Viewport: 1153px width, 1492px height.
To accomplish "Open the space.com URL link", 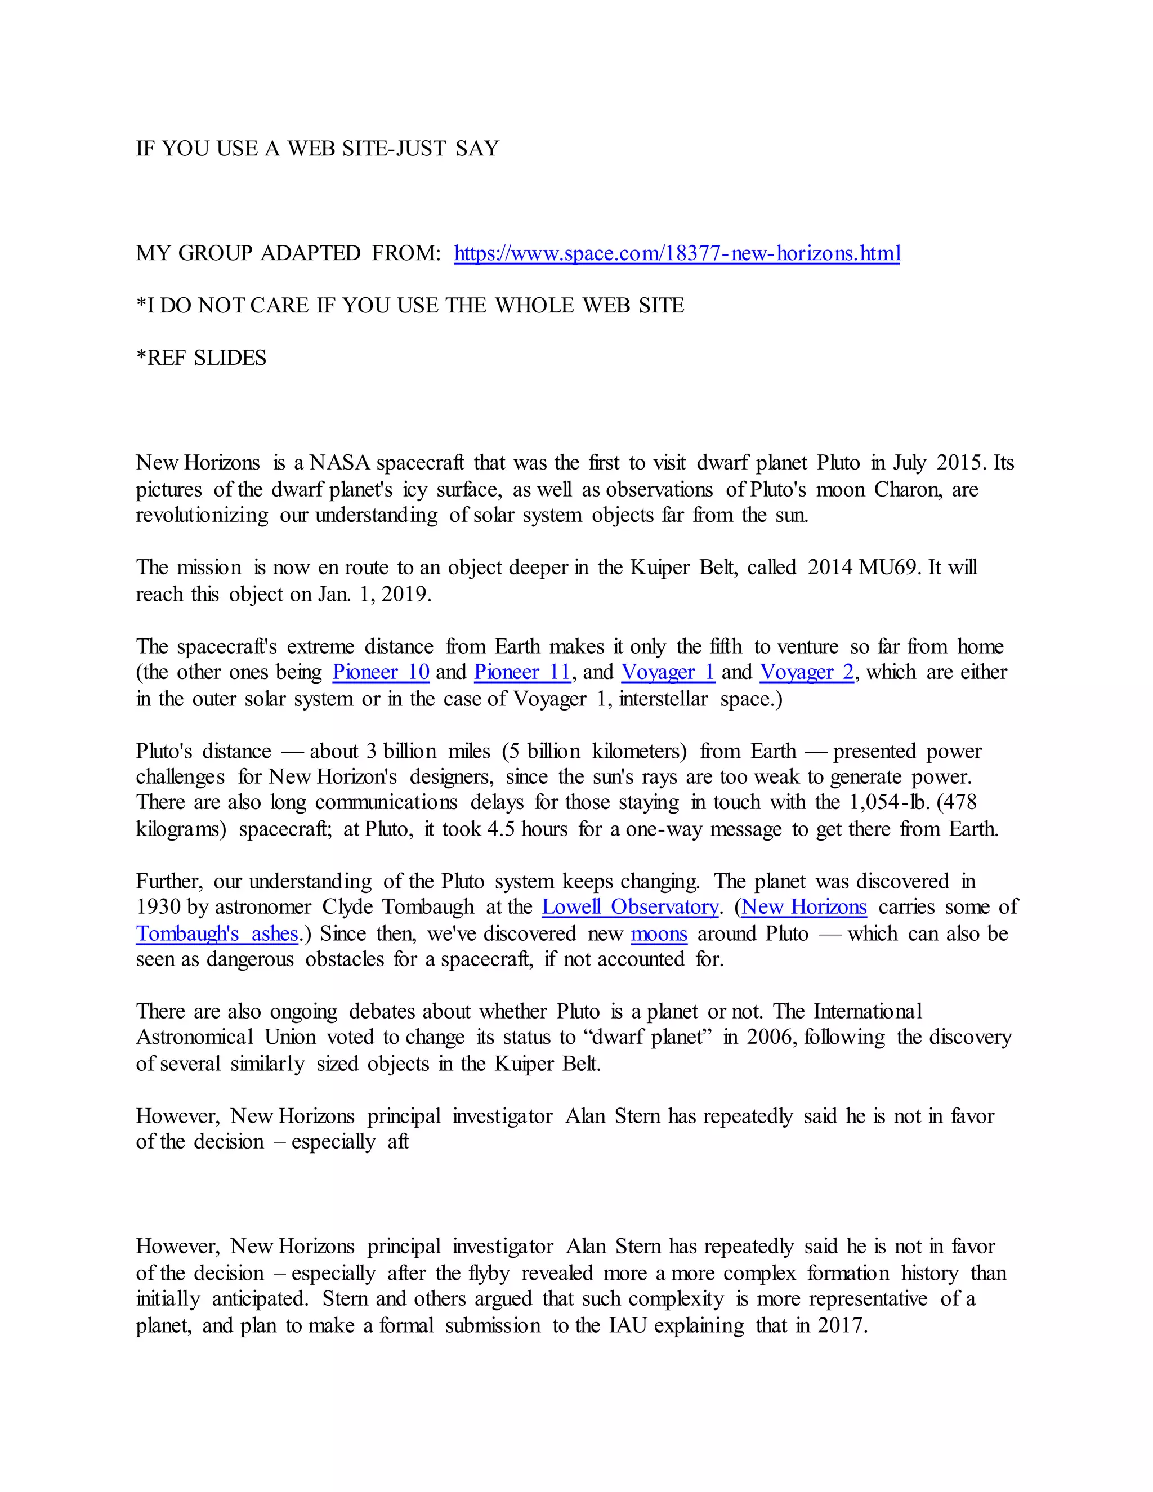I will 676,253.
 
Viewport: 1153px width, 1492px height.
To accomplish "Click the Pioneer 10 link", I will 381,672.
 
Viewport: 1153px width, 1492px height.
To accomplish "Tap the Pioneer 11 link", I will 522,672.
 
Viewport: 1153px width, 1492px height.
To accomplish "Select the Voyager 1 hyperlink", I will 667,672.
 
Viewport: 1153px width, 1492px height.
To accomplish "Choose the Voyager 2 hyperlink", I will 807,672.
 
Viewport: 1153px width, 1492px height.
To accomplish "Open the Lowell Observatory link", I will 630,907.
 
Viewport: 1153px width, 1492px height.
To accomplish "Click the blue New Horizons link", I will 804,907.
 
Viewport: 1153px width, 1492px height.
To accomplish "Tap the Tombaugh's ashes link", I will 217,934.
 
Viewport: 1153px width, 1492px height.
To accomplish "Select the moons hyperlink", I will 659,934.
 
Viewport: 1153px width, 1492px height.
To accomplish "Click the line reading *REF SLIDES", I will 201,358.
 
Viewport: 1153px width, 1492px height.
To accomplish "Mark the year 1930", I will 158,907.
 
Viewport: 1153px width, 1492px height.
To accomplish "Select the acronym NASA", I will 339,463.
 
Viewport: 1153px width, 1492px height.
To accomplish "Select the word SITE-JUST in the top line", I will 394,149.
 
